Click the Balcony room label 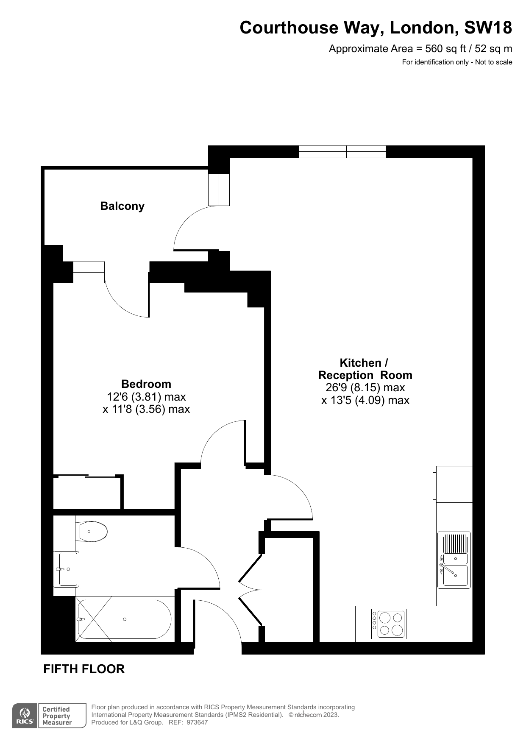(x=122, y=206)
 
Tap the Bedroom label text (x=146, y=384)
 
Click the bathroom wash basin (x=66, y=569)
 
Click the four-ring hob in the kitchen (x=389, y=624)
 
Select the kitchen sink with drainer (x=454, y=560)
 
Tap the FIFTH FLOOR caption (x=84, y=669)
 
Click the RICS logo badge (x=25, y=716)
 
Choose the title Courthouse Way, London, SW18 (x=376, y=28)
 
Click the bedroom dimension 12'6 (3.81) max (x=146, y=397)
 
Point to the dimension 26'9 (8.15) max (x=365, y=387)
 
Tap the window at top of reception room (x=342, y=152)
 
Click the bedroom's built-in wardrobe (x=87, y=493)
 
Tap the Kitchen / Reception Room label (x=365, y=369)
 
